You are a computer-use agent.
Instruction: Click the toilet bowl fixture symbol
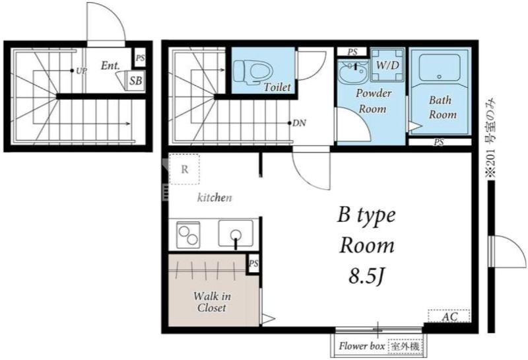pyautogui.click(x=253, y=71)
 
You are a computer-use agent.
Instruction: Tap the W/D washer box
pyautogui.click(x=387, y=65)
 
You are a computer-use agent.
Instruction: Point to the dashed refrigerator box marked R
pyautogui.click(x=184, y=169)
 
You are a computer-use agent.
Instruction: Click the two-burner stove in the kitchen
pyautogui.click(x=188, y=234)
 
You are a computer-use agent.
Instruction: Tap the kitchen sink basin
pyautogui.click(x=236, y=233)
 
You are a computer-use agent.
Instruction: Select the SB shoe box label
pyautogui.click(x=136, y=81)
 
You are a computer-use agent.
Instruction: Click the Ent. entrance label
pyautogui.click(x=110, y=65)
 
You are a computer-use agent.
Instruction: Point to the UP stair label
pyautogui.click(x=81, y=71)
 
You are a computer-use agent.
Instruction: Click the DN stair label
pyautogui.click(x=300, y=123)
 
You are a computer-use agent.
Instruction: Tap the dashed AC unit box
pyautogui.click(x=449, y=316)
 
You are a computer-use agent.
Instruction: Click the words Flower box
pyautogui.click(x=362, y=346)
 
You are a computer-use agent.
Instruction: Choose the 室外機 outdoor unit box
pyautogui.click(x=405, y=346)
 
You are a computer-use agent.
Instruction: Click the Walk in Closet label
pyautogui.click(x=212, y=302)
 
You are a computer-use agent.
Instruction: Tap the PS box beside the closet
pyautogui.click(x=253, y=264)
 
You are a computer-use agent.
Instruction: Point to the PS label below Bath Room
pyautogui.click(x=439, y=142)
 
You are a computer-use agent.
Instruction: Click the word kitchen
pyautogui.click(x=214, y=198)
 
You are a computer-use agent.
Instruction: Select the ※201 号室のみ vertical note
pyautogui.click(x=492, y=138)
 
